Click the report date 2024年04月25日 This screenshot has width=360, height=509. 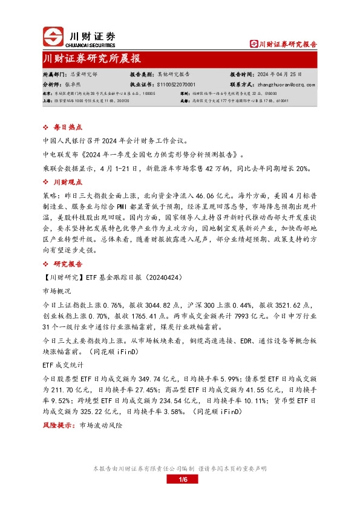(x=287, y=73)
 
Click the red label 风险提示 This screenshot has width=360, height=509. (x=57, y=426)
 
